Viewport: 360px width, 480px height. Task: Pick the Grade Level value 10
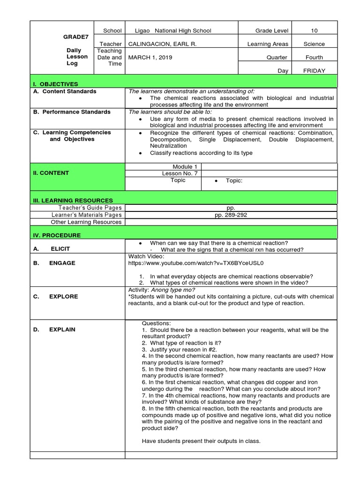pos(314,30)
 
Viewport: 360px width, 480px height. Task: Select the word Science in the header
pos(314,44)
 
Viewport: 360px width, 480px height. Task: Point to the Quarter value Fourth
pos(314,57)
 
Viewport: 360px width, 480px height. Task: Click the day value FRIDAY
pos(314,71)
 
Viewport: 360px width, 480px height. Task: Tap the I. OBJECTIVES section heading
pos(55,84)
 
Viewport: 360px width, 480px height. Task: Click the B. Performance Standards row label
pos(72,112)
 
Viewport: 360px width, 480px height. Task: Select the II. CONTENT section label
pos(51,173)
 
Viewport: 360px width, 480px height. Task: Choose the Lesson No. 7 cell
pos(172,173)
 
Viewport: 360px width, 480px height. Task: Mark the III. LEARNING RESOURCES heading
pos(73,200)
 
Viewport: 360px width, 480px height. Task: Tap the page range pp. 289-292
pos(230,215)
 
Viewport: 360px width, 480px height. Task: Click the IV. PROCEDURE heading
pos(57,235)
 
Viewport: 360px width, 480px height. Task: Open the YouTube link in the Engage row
pos(196,263)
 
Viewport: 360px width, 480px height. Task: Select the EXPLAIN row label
pos(62,330)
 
